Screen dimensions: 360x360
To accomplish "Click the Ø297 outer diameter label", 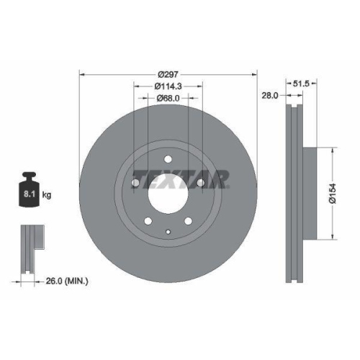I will point(168,75).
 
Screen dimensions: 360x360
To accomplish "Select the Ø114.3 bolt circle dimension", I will point(167,86).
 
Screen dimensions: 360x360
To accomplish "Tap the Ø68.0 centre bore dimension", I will point(167,99).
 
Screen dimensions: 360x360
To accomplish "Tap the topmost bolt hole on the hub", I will point(167,160).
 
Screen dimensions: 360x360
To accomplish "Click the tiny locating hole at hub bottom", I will point(167,232).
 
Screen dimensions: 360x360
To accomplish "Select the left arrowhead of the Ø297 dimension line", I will point(81,75).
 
